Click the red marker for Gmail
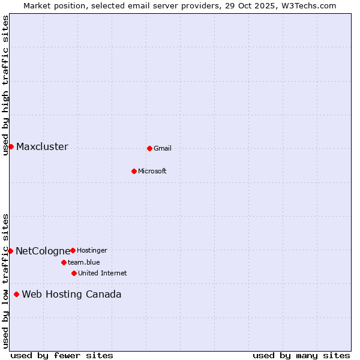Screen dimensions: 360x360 [x=149, y=148]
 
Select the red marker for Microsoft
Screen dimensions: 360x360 [x=134, y=171]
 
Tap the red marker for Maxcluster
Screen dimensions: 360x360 [x=11, y=146]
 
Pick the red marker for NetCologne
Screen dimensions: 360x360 [x=10, y=251]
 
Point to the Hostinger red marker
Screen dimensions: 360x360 [x=73, y=250]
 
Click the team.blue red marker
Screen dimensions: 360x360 [x=64, y=262]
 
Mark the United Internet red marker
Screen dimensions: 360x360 [x=74, y=273]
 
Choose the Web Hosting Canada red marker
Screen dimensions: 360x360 [x=16, y=294]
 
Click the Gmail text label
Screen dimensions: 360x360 [x=163, y=148]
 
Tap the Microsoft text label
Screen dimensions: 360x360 [x=152, y=171]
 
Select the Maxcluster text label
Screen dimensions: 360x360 [x=42, y=147]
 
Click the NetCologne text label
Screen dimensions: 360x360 [x=43, y=251]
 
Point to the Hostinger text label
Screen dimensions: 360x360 [x=92, y=250]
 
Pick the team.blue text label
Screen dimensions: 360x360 [x=84, y=262]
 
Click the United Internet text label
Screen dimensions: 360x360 [x=103, y=273]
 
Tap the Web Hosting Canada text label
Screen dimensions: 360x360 [x=71, y=295]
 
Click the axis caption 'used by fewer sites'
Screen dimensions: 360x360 [x=62, y=355]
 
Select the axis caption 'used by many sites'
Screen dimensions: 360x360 [x=301, y=355]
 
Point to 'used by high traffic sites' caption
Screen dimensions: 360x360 [x=5, y=85]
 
